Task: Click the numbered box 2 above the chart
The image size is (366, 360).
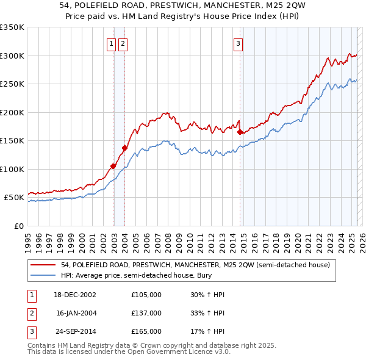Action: point(123,43)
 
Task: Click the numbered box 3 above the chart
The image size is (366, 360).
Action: point(237,43)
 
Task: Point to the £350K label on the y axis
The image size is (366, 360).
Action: point(12,27)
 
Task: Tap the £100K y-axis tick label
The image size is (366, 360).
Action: point(12,169)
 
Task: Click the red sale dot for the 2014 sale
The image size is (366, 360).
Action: point(240,132)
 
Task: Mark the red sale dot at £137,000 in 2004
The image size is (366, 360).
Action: point(124,148)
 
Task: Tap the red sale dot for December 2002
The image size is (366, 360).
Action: point(113,166)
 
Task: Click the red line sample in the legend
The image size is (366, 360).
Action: point(43,265)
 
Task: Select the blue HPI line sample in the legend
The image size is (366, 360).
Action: point(43,276)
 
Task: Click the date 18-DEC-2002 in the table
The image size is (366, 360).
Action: point(75,295)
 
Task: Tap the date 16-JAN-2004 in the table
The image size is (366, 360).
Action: point(75,313)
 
